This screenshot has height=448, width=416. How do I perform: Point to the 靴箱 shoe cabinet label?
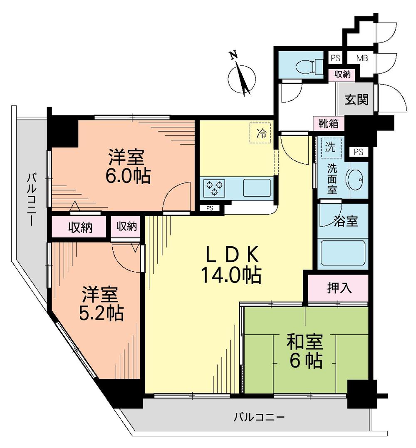tap(329, 123)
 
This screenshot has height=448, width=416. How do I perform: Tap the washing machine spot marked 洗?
tap(329, 147)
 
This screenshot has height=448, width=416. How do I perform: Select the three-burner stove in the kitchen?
tap(215, 188)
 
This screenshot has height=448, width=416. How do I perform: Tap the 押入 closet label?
tap(338, 288)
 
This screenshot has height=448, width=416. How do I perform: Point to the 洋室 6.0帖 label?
tap(126, 167)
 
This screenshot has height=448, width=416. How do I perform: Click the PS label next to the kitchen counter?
tap(209, 208)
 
